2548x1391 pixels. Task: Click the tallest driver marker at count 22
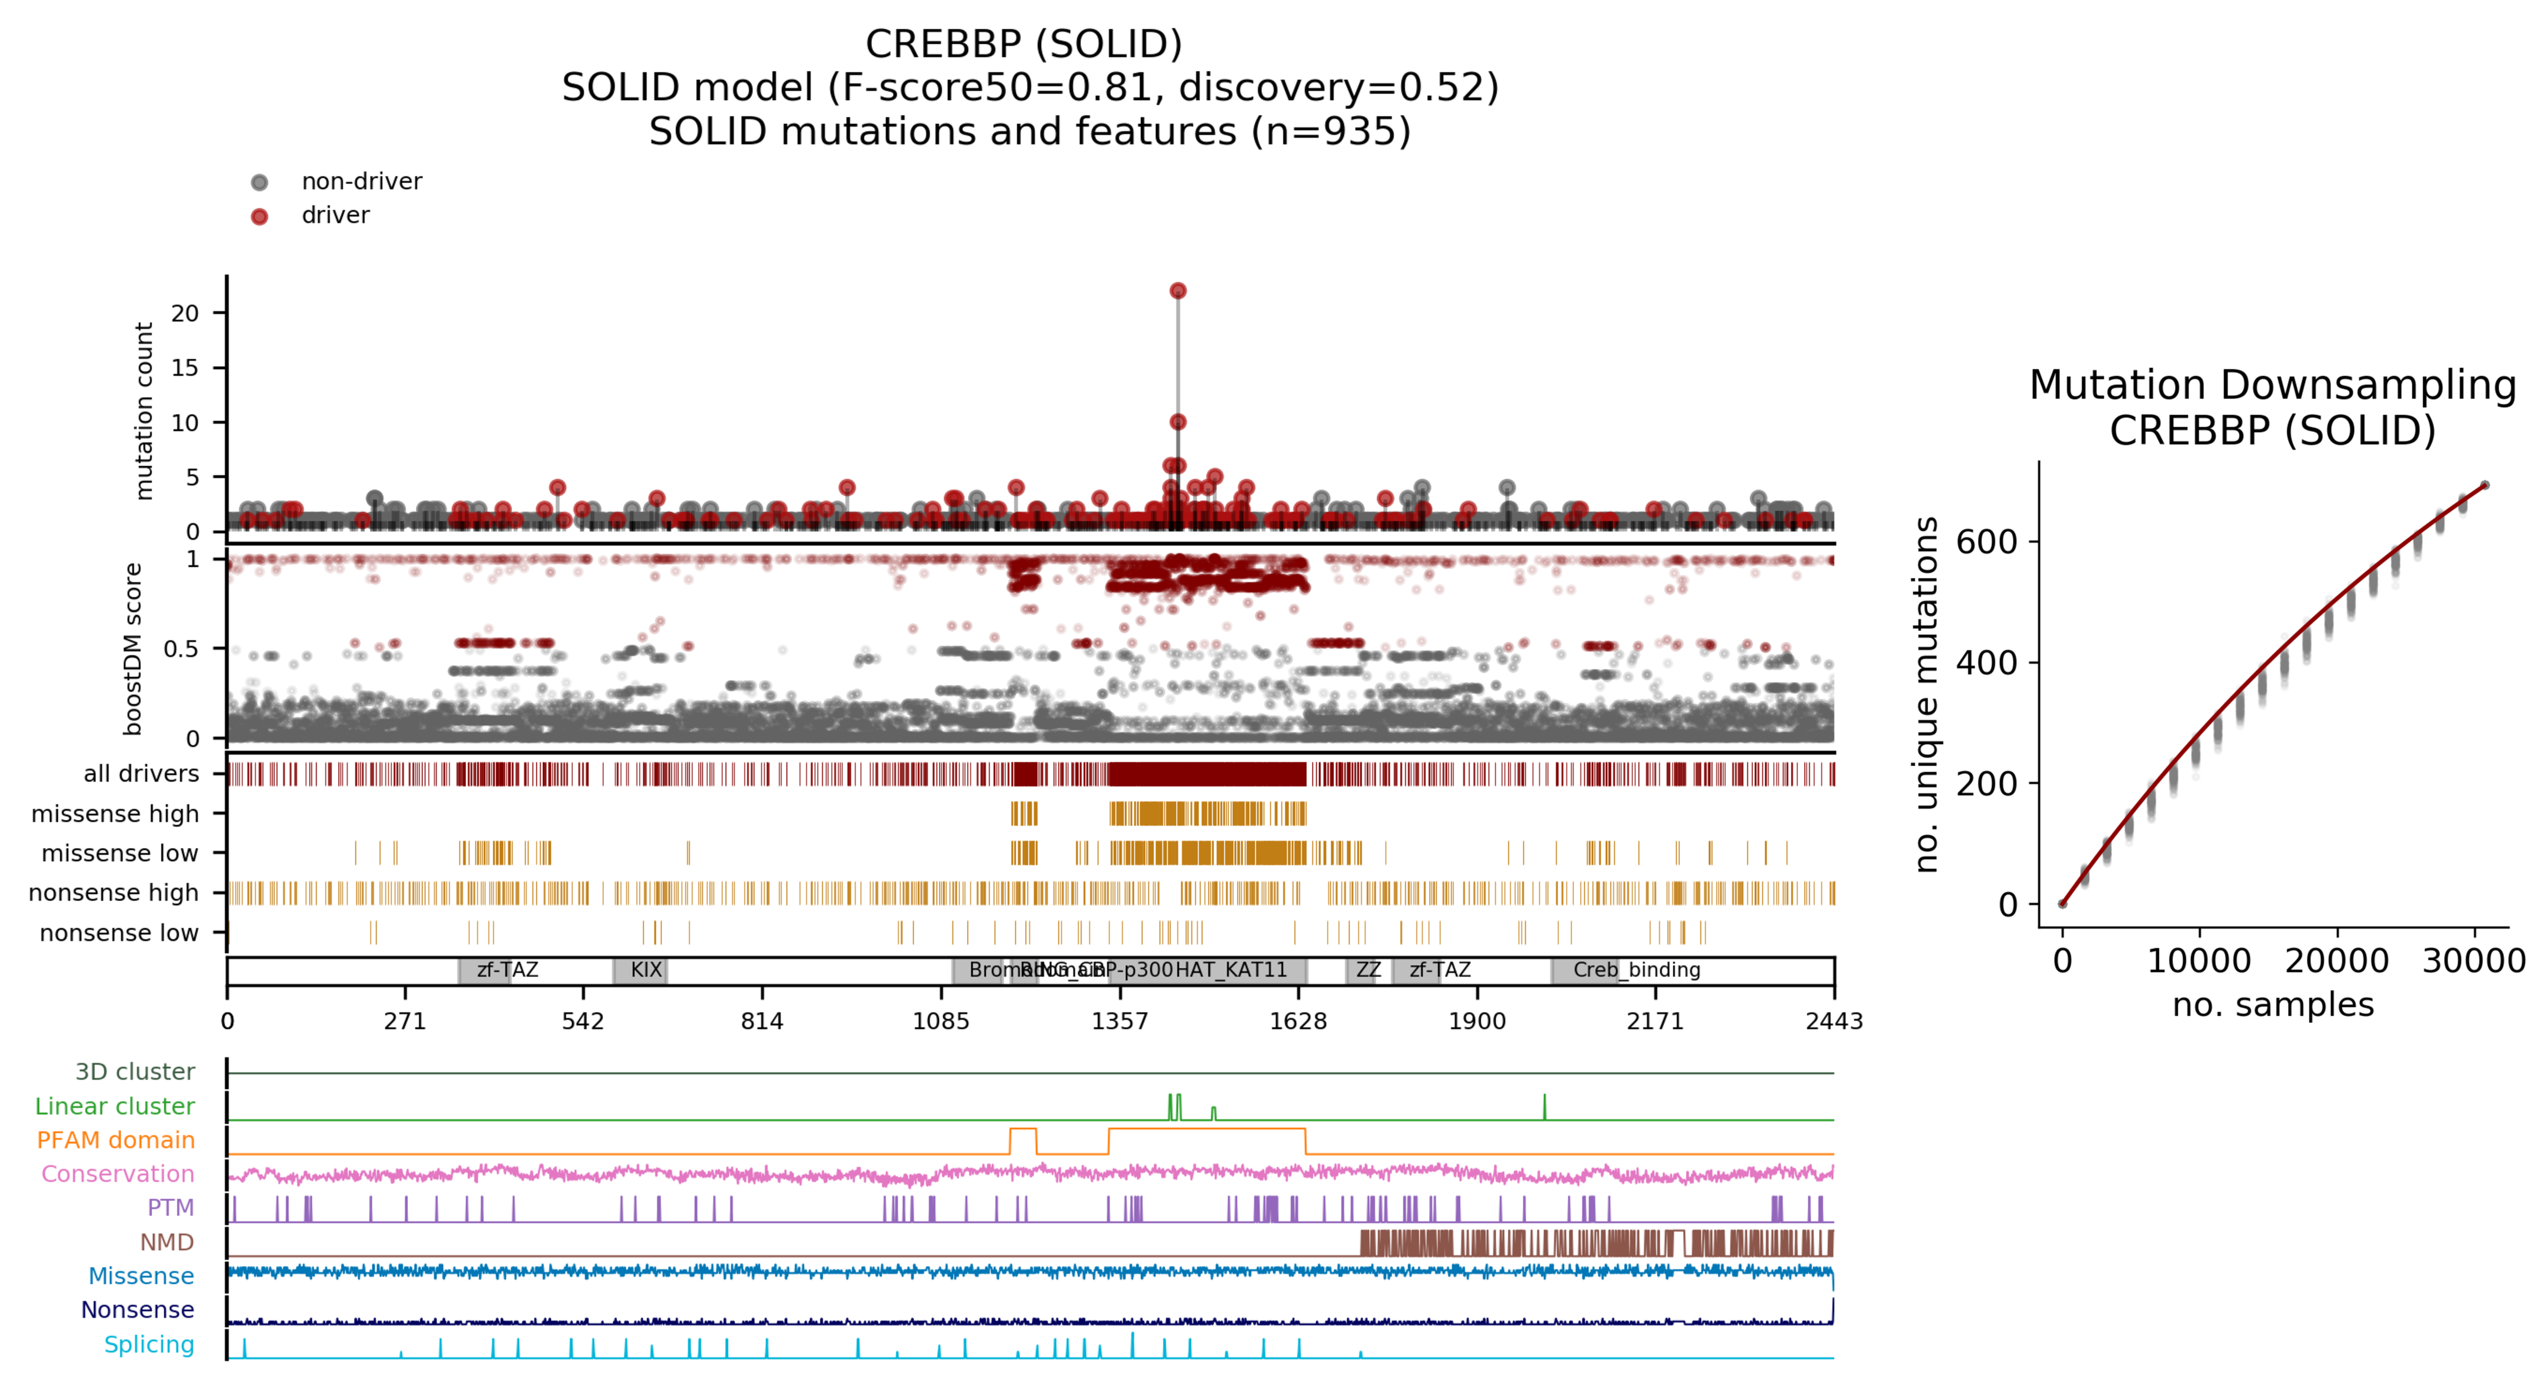pyautogui.click(x=1177, y=291)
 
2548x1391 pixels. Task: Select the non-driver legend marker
pyautogui.click(x=259, y=182)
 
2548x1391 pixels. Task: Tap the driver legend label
pyautogui.click(x=335, y=216)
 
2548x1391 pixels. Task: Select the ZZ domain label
pyautogui.click(x=1368, y=970)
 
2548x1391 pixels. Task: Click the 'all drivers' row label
pyautogui.click(x=142, y=774)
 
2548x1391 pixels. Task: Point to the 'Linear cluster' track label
pyautogui.click(x=115, y=1106)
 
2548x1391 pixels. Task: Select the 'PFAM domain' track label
pyautogui.click(x=116, y=1140)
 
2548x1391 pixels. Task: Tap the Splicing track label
pyautogui.click(x=149, y=1345)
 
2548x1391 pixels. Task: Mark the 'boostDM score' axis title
pyautogui.click(x=132, y=649)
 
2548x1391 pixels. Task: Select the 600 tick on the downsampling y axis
pyautogui.click(x=1986, y=542)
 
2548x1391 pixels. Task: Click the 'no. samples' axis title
pyautogui.click(x=2272, y=1004)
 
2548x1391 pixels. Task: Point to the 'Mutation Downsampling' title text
pyautogui.click(x=2272, y=385)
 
